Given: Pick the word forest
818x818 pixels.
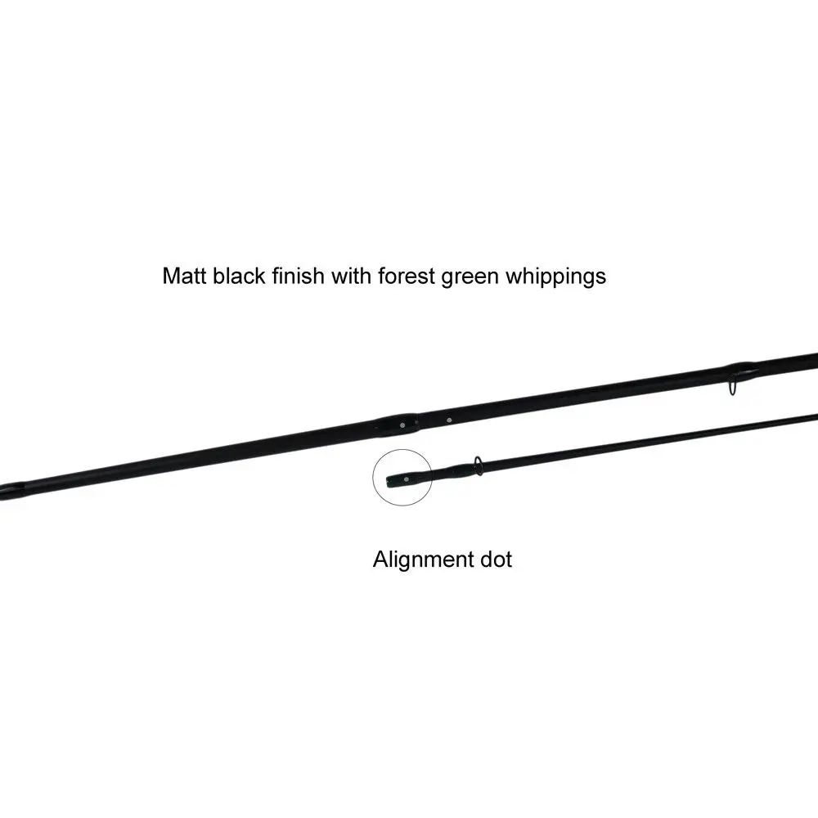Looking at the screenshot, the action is click(407, 276).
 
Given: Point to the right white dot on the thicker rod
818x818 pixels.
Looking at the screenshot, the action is click(449, 420).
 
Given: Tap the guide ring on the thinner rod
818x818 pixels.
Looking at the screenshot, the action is click(478, 465).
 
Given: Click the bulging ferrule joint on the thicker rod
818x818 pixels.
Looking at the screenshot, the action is click(397, 425).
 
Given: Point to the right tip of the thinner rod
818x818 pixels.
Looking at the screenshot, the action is click(814, 415).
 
